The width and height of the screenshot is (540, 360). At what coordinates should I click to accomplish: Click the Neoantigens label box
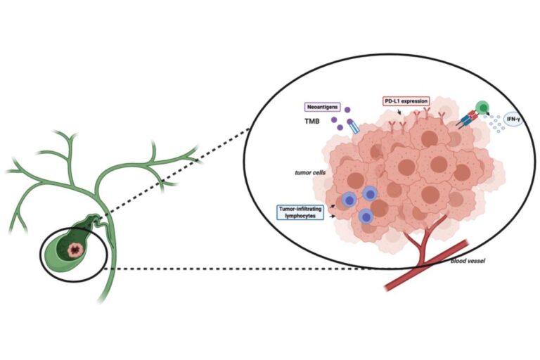click(321, 108)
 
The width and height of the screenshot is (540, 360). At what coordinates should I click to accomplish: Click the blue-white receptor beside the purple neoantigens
click(353, 127)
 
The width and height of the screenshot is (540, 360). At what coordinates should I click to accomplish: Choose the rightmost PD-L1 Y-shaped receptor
click(442, 115)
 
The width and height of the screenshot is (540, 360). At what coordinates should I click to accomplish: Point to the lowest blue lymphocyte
click(366, 217)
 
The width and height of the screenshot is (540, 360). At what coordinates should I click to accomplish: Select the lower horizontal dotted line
click(246, 267)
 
